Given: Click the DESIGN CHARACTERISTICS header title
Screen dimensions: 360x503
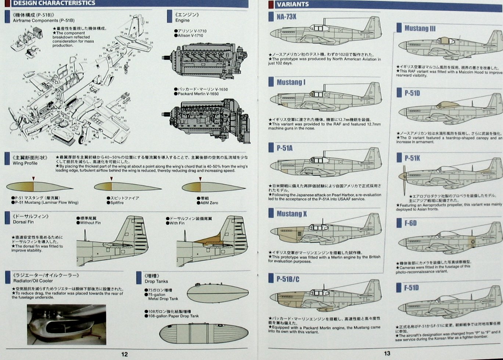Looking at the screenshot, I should [54, 3].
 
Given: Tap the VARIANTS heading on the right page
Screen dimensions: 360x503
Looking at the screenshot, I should [293, 4].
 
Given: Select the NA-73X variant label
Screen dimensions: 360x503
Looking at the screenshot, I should [287, 17].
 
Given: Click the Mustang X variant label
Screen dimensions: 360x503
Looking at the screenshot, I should [292, 214].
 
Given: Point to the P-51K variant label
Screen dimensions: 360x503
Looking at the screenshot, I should [412, 158].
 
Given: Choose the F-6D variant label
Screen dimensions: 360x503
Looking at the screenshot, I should [410, 223].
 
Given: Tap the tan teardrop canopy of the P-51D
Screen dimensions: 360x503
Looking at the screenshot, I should [448, 105].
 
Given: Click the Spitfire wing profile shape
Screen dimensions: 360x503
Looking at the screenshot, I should [127, 187].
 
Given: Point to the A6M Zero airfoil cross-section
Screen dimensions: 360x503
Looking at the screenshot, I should [213, 187].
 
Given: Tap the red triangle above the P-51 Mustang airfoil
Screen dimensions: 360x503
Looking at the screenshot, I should [33, 179].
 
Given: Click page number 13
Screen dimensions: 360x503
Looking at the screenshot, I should [387, 353].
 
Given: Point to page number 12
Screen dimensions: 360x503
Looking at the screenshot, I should [125, 354].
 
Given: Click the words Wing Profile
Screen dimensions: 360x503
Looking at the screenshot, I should [25, 163].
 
